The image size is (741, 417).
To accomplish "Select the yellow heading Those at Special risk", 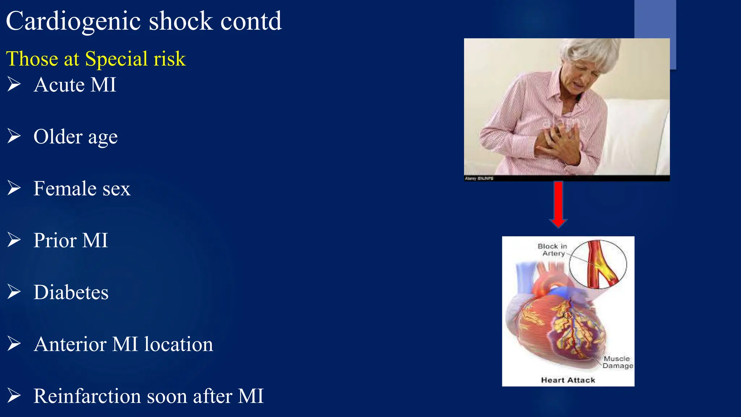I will pos(96,59).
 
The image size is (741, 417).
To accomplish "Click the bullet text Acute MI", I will pos(75,85).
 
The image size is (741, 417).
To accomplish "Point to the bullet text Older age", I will pos(76,137).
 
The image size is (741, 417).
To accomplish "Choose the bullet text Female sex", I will pos(82,189).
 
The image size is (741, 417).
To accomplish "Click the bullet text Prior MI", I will pos(71,240).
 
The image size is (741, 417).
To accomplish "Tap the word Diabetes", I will pos(71,292).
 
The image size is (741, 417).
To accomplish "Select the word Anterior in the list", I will pos(70,344).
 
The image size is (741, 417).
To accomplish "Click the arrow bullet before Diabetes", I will pos(14,292).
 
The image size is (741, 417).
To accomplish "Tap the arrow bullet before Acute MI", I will pos(14,84).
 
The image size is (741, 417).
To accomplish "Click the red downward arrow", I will pos(558,205).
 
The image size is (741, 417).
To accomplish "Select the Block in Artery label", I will pos(552,250).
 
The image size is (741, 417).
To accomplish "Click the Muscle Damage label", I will pos(617,362).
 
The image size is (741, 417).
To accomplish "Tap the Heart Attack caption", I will pos(568,380).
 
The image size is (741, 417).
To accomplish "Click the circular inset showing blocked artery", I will pos(598,264).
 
